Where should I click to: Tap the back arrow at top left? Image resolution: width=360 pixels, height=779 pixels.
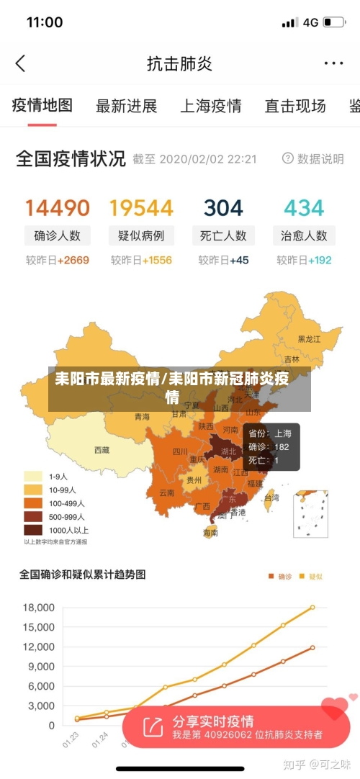point(20,63)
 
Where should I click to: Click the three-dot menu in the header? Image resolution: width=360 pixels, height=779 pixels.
point(333,63)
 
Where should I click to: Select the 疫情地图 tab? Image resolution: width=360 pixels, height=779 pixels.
point(42,106)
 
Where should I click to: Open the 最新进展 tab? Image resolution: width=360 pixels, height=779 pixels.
point(127,107)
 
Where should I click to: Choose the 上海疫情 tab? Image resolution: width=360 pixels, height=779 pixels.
point(210,107)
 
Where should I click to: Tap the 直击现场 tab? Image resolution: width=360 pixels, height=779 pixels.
point(295,107)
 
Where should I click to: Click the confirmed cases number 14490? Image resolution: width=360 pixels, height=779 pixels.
point(58,208)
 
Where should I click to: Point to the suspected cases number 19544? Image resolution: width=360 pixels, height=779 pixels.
point(141,208)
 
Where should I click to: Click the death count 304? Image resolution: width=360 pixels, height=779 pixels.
point(223,208)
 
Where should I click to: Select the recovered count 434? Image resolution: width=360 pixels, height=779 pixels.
point(304,208)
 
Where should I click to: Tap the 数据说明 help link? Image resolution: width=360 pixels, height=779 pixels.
point(313,158)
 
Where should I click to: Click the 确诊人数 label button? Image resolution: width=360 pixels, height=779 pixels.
point(58,235)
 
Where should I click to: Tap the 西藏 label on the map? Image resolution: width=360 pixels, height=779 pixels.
point(102,450)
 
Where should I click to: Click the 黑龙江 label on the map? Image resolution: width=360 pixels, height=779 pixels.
point(310,338)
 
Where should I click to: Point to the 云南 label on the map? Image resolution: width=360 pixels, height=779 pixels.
point(166,493)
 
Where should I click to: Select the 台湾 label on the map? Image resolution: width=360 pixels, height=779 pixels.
point(271,497)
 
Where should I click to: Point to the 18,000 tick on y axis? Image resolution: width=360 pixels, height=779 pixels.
point(39,607)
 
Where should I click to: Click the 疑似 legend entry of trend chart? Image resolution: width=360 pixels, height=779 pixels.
point(311,576)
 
